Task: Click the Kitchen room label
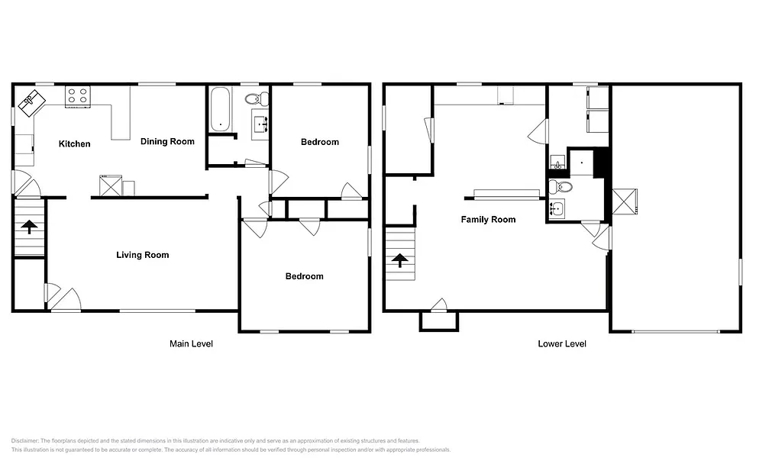(x=75, y=143)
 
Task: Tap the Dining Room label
(x=167, y=141)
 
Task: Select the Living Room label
(x=142, y=255)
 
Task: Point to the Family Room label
(x=488, y=220)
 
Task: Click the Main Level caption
(x=191, y=344)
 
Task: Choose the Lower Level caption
(x=562, y=344)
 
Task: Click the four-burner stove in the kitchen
(x=78, y=95)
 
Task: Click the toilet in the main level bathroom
(x=257, y=99)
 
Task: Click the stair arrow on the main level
(x=29, y=227)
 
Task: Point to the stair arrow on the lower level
(x=399, y=260)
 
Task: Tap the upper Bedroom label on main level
(x=319, y=142)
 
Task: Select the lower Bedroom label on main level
(x=304, y=276)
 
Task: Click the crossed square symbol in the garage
(x=626, y=202)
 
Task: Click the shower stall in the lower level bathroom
(x=582, y=163)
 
